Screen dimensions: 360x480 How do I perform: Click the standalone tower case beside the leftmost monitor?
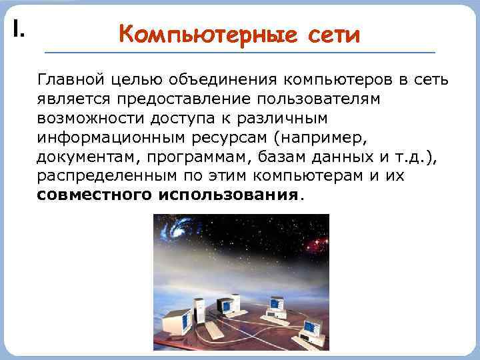[x=198, y=311]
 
